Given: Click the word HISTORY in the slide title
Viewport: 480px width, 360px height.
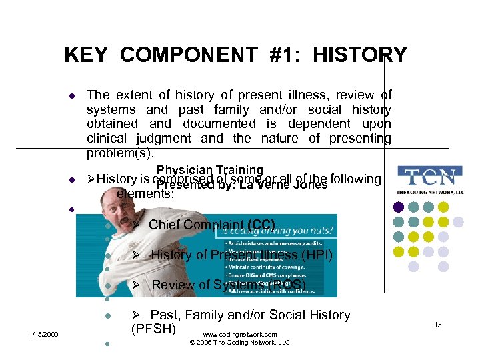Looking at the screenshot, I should [359, 54].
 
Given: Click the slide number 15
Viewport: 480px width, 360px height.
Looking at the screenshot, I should [438, 325].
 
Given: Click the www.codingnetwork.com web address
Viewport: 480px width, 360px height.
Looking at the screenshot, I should [239, 334].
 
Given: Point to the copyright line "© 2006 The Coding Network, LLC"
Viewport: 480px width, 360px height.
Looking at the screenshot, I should [240, 343].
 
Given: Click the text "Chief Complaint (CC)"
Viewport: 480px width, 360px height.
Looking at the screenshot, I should [211, 225].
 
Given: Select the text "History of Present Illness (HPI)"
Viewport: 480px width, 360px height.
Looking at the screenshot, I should [241, 255].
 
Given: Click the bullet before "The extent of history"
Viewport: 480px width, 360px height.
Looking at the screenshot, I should [71, 96].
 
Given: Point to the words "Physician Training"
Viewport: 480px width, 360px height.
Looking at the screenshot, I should [210, 171].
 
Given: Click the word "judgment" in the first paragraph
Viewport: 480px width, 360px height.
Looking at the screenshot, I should [164, 139].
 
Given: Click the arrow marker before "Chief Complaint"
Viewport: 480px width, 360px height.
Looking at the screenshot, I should [135, 225].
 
